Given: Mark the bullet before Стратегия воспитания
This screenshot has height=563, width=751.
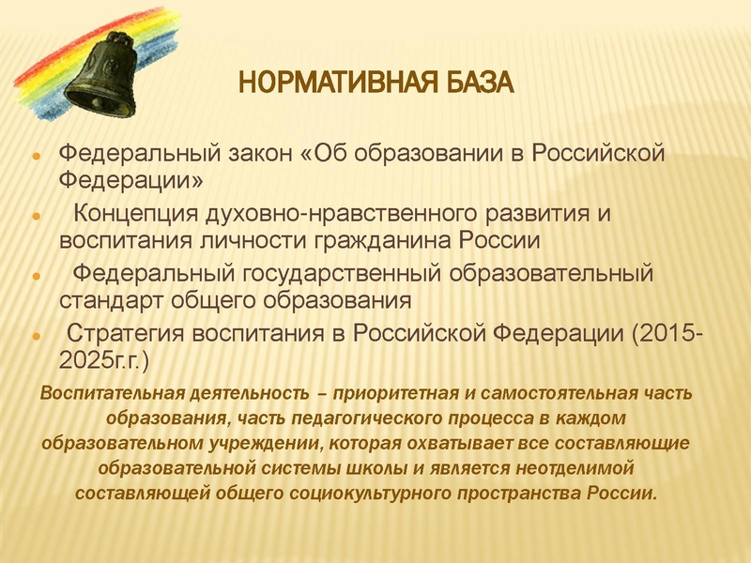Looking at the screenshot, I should pos(35,337).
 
